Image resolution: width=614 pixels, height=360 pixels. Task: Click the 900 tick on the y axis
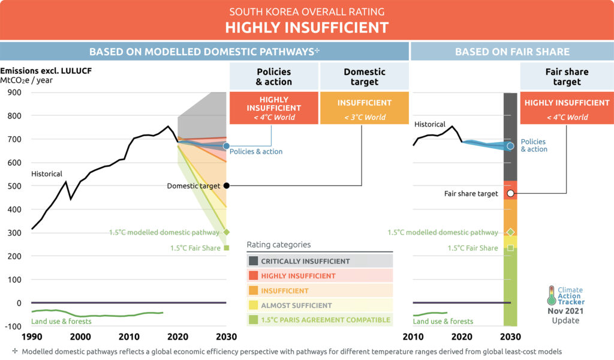[x=14, y=92]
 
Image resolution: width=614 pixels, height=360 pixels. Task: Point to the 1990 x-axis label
[x=31, y=336]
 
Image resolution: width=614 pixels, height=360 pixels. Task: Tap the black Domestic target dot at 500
[x=226, y=185]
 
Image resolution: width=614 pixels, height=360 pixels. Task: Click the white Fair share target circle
[x=510, y=193]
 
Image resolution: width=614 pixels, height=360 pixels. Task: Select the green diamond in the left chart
[x=227, y=232]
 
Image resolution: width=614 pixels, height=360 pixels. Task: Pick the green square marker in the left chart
[x=227, y=247]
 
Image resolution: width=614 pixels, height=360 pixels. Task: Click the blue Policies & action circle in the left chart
[x=226, y=146]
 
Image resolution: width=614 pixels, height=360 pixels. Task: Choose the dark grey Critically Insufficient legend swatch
[x=254, y=261]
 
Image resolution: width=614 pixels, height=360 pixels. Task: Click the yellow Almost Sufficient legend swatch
[x=254, y=305]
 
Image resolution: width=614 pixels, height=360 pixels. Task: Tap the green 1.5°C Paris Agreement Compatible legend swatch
[x=254, y=320]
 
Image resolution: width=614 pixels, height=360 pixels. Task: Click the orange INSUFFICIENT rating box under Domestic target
[x=364, y=108]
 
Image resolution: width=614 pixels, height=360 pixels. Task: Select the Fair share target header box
[x=567, y=77]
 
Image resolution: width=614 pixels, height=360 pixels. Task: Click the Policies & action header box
[x=274, y=77]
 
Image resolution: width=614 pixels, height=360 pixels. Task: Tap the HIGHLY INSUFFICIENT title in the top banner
[x=306, y=28]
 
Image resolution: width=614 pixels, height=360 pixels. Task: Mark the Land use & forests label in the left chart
[x=61, y=322]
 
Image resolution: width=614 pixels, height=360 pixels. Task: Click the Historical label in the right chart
[x=430, y=124]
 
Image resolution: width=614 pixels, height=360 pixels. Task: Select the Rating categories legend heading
[x=278, y=244]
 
